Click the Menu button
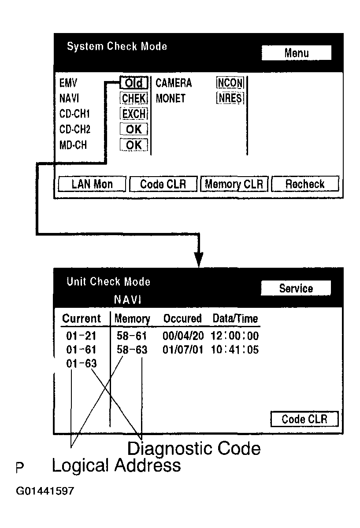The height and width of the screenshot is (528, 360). pos(296,53)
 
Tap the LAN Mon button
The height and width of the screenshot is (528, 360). pos(92,184)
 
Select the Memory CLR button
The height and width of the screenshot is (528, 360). pos(234,184)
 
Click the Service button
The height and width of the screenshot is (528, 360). pos(296,288)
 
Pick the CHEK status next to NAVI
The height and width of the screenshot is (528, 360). pos(134,99)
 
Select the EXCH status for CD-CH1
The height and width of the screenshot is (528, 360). pos(134,114)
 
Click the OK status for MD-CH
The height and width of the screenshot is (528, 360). pos(134,145)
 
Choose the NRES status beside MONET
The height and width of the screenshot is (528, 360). pos(230,98)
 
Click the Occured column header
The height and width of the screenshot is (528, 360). pos(182,318)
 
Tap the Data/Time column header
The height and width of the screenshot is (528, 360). pos(235,318)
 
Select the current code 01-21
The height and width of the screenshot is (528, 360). pos(81,336)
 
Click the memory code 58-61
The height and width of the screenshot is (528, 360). pos(131,336)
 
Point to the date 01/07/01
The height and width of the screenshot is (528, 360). pos(183,350)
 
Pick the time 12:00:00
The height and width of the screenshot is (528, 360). pos(234,336)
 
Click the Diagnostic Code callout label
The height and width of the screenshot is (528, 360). pos(194,449)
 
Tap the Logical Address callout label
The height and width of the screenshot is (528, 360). pos(116,465)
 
